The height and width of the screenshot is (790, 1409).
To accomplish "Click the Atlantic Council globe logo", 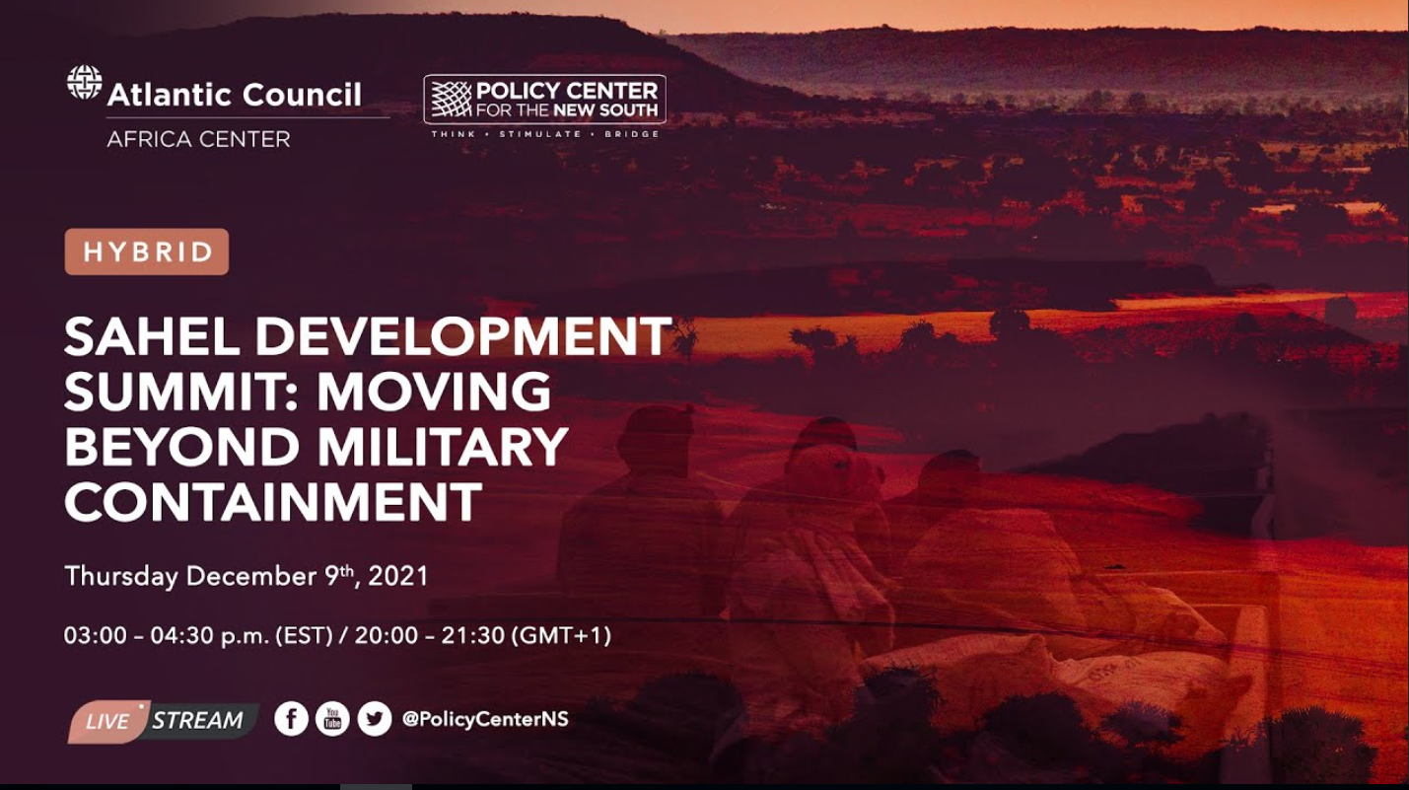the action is pos(84,83).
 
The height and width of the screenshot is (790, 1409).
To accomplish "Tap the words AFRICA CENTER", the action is pos(199,139).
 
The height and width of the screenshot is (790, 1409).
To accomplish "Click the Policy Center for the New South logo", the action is pos(544,100).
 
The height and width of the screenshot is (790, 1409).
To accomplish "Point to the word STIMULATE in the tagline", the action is pos(540,134).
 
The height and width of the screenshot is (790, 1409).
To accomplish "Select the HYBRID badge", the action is pos(147,251).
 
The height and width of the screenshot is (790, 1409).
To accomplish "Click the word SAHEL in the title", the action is pos(152,336).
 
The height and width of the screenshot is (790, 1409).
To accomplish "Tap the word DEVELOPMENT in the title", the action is pos(464,336).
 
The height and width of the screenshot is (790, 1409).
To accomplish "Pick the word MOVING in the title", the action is pos(434,391).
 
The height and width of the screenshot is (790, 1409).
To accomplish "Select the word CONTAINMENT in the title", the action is pos(274,501).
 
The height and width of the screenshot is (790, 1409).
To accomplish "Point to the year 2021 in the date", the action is pos(398,576).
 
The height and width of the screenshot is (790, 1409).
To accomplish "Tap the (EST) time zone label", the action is pos(304,635).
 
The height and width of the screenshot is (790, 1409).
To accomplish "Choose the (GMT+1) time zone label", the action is pos(561,635).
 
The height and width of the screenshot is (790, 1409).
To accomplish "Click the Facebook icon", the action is pos(291,718).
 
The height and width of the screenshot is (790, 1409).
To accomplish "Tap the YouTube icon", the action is pos(332,718).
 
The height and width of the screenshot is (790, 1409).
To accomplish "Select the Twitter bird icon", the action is pos(375,718).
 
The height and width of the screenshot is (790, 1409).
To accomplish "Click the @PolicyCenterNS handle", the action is pos(485,719).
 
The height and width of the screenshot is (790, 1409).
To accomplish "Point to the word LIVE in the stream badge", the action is pos(107,721).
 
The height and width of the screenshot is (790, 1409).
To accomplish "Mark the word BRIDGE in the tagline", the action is pos(631,134).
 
